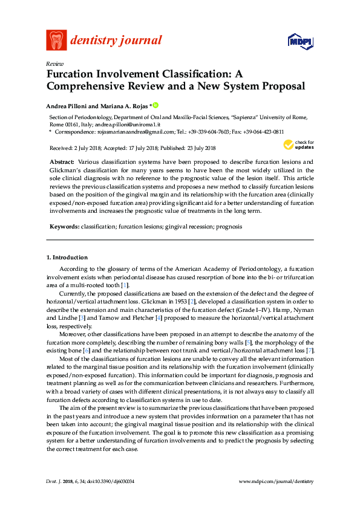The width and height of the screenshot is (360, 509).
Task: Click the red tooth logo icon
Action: click(56, 41)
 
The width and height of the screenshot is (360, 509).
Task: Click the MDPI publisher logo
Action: click(299, 41)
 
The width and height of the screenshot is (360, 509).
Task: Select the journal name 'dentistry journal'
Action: click(116, 41)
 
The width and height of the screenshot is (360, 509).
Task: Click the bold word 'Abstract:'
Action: click(62, 163)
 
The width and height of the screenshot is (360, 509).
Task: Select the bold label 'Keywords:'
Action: click(65, 227)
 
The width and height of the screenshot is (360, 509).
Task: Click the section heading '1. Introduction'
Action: click(67, 257)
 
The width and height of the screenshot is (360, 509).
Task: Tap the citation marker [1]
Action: click(124, 285)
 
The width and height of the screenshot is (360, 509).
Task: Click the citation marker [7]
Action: click(310, 351)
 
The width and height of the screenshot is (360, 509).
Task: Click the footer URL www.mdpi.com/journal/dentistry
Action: click(277, 481)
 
